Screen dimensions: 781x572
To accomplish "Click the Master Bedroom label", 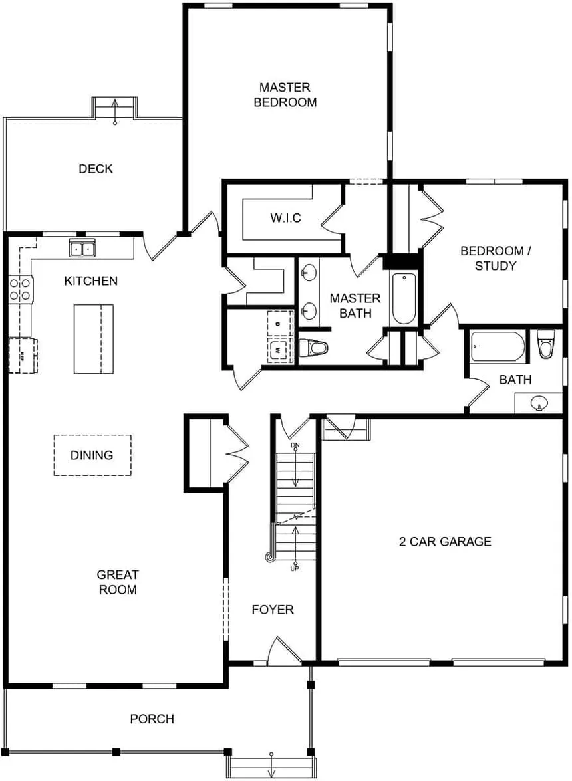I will (285, 94).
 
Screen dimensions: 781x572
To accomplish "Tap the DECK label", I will (96, 169).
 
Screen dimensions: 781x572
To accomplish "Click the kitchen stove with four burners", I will (20, 289).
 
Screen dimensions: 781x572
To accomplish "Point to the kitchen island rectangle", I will (93, 339).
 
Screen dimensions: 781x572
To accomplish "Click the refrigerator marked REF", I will (23, 354).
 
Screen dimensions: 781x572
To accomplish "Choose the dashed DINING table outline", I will (92, 455).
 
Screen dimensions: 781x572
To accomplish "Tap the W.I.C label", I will (285, 218).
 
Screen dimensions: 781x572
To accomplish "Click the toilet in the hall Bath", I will (546, 344).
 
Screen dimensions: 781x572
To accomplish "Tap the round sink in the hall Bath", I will (538, 403).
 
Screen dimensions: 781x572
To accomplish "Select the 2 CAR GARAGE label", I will (445, 541).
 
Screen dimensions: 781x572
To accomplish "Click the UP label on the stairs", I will (294, 568).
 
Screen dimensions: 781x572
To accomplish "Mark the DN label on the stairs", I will (295, 445).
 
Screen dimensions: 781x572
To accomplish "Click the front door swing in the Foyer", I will (283, 649).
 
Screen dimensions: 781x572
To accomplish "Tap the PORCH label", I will (152, 719).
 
